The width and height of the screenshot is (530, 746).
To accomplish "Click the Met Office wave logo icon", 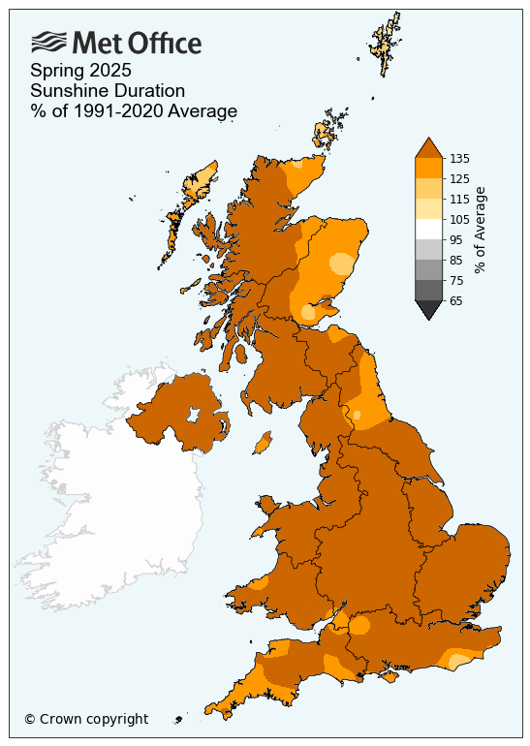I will (48, 42).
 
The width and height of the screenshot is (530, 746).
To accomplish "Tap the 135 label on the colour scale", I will (460, 158).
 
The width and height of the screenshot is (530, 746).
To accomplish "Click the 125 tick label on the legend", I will (460, 178).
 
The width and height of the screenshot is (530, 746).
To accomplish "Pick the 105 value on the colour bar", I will (460, 219).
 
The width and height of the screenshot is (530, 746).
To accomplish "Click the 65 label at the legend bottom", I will (456, 301).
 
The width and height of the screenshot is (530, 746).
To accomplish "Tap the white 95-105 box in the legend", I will (427, 229).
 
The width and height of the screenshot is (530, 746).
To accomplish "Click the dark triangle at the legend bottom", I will (427, 309).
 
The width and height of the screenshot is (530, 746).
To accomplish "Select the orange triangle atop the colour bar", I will (427, 147).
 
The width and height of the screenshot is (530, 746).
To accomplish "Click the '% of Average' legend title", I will (481, 230).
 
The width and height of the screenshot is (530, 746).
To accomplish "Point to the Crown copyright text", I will (86, 719).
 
